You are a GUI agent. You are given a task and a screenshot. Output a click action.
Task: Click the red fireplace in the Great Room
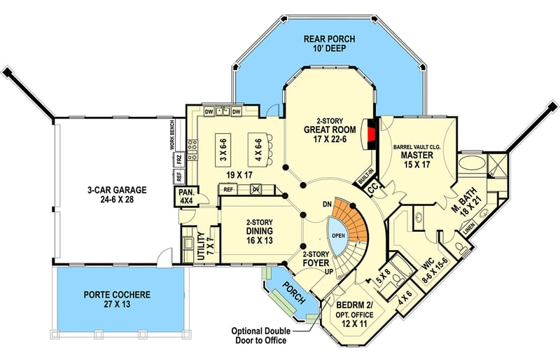pyautogui.click(x=372, y=134)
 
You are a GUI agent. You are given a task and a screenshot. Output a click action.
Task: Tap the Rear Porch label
pyautogui.click(x=329, y=43)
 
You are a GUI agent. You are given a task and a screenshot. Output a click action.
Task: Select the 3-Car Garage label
pyautogui.click(x=117, y=195)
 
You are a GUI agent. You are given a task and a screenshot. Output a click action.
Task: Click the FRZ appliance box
pyautogui.click(x=179, y=159)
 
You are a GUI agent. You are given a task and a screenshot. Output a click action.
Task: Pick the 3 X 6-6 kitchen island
pyautogui.click(x=223, y=150)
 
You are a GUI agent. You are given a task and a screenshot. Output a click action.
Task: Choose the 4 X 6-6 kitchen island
pyautogui.click(x=258, y=150)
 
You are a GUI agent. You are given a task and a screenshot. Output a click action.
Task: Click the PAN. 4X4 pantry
pyautogui.click(x=186, y=196)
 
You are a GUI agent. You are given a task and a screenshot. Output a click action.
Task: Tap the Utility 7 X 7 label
pyautogui.click(x=205, y=246)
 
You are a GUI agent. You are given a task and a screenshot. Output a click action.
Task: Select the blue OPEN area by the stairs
pyautogui.click(x=337, y=235)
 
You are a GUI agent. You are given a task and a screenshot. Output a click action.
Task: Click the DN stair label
pyautogui.click(x=327, y=205)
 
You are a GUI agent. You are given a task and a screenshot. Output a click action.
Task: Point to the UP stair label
pyautogui.click(x=328, y=272)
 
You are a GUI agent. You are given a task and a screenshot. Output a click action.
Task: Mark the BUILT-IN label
pyautogui.click(x=365, y=176)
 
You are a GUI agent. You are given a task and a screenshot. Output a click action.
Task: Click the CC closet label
pyautogui.click(x=373, y=190)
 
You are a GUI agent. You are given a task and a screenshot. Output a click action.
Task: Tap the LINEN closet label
pyautogui.click(x=468, y=229)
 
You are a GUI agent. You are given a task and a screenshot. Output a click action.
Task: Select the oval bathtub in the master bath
pyautogui.click(x=472, y=164)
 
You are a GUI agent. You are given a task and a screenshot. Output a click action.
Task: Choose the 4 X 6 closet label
pyautogui.click(x=405, y=298)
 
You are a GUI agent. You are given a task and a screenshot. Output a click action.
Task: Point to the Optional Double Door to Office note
pyautogui.click(x=260, y=335)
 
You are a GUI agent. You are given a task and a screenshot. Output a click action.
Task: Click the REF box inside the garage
pyautogui.click(x=179, y=176)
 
